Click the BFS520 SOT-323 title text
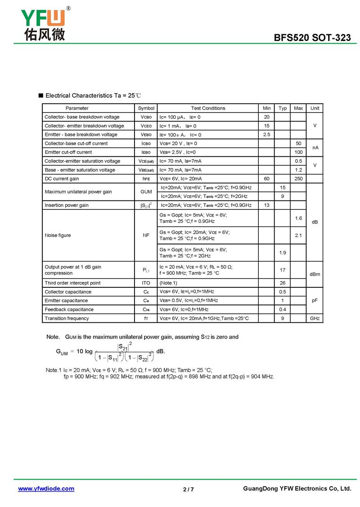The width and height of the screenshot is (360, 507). tap(312, 38)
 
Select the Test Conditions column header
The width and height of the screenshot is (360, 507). tap(208, 108)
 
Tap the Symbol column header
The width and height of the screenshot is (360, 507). tap(146, 108)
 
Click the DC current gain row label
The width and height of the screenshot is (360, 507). tap(62, 179)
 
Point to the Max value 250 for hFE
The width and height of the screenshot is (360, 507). tap(298, 179)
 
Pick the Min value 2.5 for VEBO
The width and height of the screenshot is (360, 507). tap(266, 135)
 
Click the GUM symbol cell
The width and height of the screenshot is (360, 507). tap(146, 192)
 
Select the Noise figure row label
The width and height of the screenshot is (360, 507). tap(58, 235)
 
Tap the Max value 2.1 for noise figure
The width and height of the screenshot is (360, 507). tap(298, 235)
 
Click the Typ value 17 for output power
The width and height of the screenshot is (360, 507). tap(283, 270)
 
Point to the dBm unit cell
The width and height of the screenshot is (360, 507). tap(315, 274)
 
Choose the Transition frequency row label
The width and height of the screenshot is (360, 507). tap(67, 318)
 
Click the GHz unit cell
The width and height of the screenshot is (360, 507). tap(315, 318)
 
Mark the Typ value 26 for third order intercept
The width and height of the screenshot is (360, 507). tap(283, 283)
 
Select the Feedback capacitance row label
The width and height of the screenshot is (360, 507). tap(69, 309)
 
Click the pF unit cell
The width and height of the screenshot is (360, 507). tap(315, 300)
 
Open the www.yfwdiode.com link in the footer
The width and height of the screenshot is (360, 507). tap(46, 489)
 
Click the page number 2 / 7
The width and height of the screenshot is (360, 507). tap(189, 489)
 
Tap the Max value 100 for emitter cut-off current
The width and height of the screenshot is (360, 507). tap(298, 152)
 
